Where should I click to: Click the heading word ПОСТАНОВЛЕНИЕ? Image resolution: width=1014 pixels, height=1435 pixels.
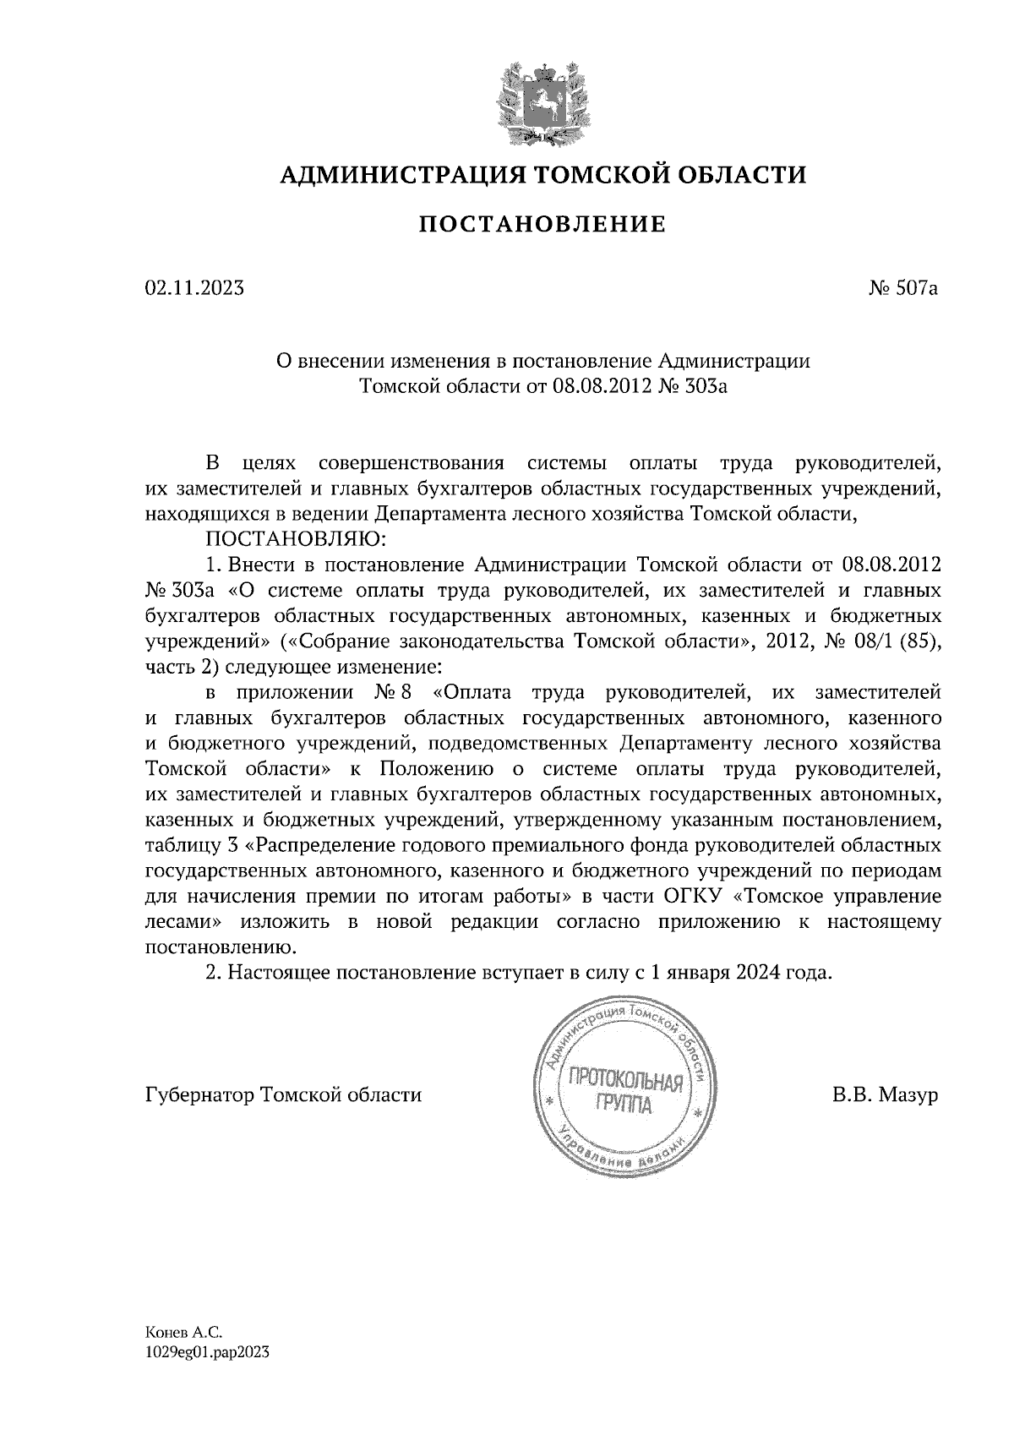(x=542, y=224)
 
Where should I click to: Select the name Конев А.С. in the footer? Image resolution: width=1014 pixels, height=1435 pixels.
(x=183, y=1333)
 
